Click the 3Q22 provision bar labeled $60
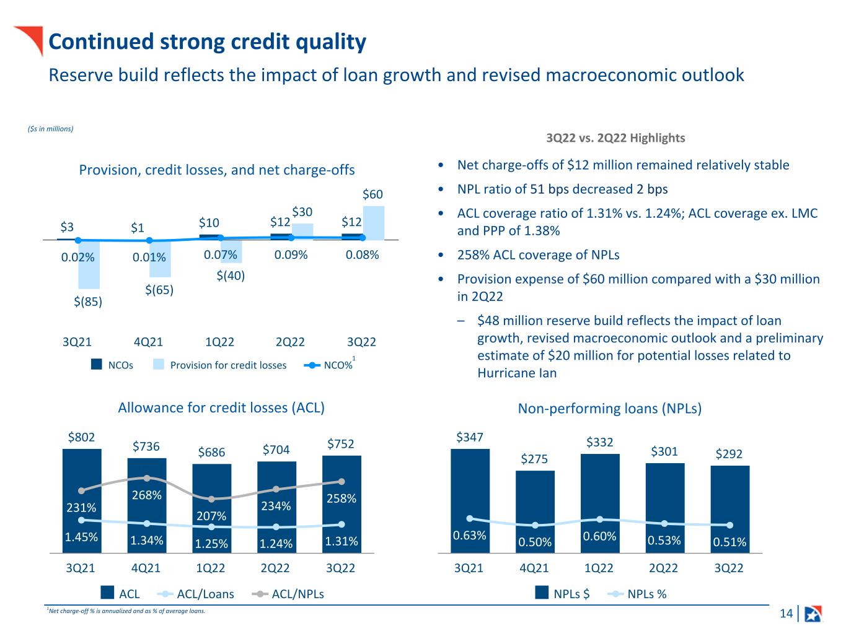tap(373, 222)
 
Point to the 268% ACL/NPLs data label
tap(146, 495)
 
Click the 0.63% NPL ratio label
tap(469, 535)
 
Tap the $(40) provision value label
tap(231, 276)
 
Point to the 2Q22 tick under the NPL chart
tap(663, 568)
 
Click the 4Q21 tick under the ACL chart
tap(146, 568)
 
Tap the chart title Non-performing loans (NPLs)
tap(609, 409)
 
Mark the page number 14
tap(786, 614)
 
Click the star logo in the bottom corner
tap(813, 614)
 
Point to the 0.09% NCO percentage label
tap(291, 255)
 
